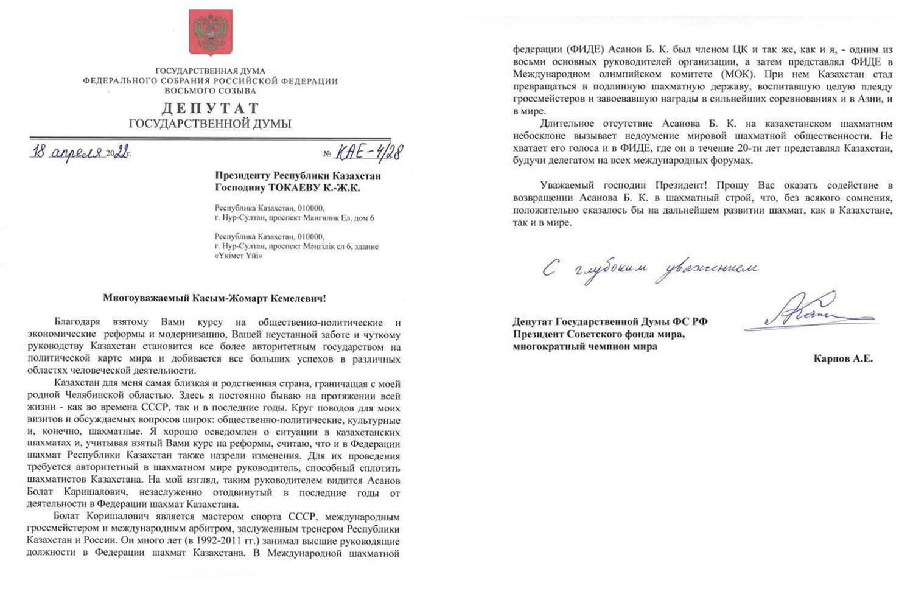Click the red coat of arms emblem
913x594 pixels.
tap(210, 35)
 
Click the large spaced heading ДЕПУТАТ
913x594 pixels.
tap(210, 108)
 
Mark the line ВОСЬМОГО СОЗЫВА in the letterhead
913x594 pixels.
tap(210, 91)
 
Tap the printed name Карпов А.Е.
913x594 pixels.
tap(843, 359)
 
